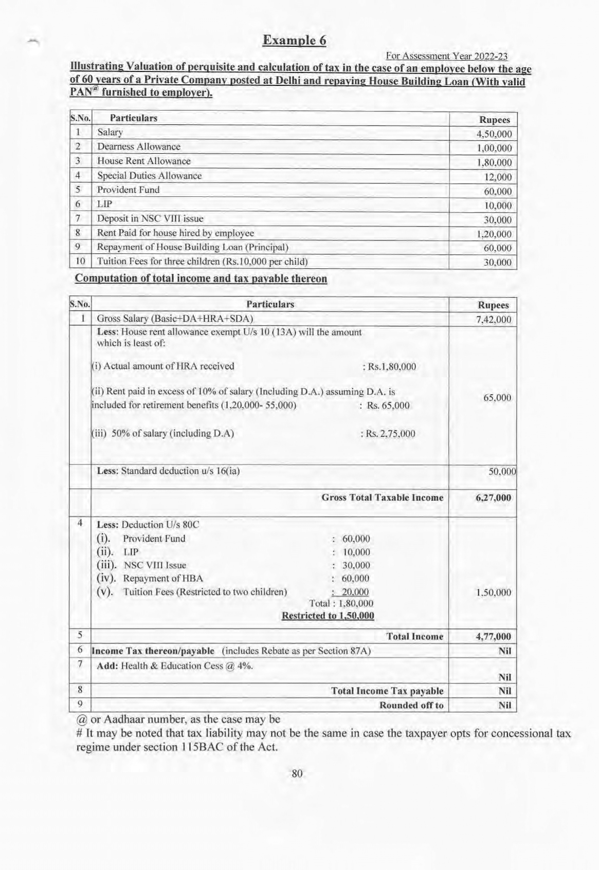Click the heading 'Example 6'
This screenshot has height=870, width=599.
294,41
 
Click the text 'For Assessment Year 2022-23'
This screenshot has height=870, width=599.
446,56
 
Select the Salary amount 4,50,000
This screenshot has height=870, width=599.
494,134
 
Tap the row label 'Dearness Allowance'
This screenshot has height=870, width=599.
139,147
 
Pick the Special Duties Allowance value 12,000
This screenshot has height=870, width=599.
498,177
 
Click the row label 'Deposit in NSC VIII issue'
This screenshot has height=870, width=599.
150,218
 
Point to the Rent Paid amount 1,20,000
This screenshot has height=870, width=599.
494,234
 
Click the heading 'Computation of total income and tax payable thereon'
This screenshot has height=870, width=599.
201,279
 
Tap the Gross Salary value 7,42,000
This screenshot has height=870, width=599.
494,320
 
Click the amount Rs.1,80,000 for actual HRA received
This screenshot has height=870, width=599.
389,367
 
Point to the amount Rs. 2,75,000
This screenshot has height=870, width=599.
389,433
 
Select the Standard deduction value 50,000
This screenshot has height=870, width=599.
501,471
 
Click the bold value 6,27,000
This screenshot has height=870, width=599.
494,497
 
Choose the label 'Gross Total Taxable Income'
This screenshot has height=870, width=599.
382,497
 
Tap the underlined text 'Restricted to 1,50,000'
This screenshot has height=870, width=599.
328,616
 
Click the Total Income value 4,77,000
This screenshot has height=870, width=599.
494,637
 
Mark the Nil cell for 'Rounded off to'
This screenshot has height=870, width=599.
504,706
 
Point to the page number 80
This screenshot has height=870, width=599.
297,773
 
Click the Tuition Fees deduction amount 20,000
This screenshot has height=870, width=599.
355,592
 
